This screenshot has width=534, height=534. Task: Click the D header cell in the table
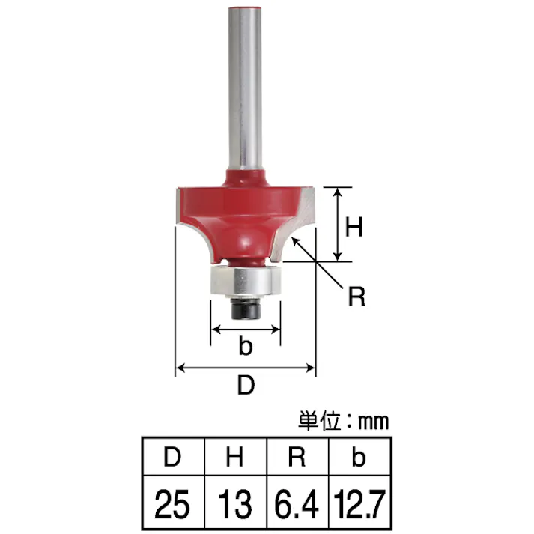[x=173, y=457]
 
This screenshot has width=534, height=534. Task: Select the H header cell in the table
[x=235, y=457]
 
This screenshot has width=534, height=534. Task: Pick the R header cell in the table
[x=297, y=457]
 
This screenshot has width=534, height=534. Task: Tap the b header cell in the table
[x=359, y=457]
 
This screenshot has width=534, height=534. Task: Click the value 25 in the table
[x=172, y=504]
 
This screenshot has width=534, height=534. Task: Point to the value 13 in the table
[x=235, y=504]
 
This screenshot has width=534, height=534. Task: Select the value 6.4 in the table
[x=297, y=504]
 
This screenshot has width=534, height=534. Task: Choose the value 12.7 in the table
[x=359, y=504]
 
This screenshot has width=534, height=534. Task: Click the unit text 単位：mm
[x=343, y=422]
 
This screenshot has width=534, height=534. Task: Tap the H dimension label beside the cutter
[x=354, y=227]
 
